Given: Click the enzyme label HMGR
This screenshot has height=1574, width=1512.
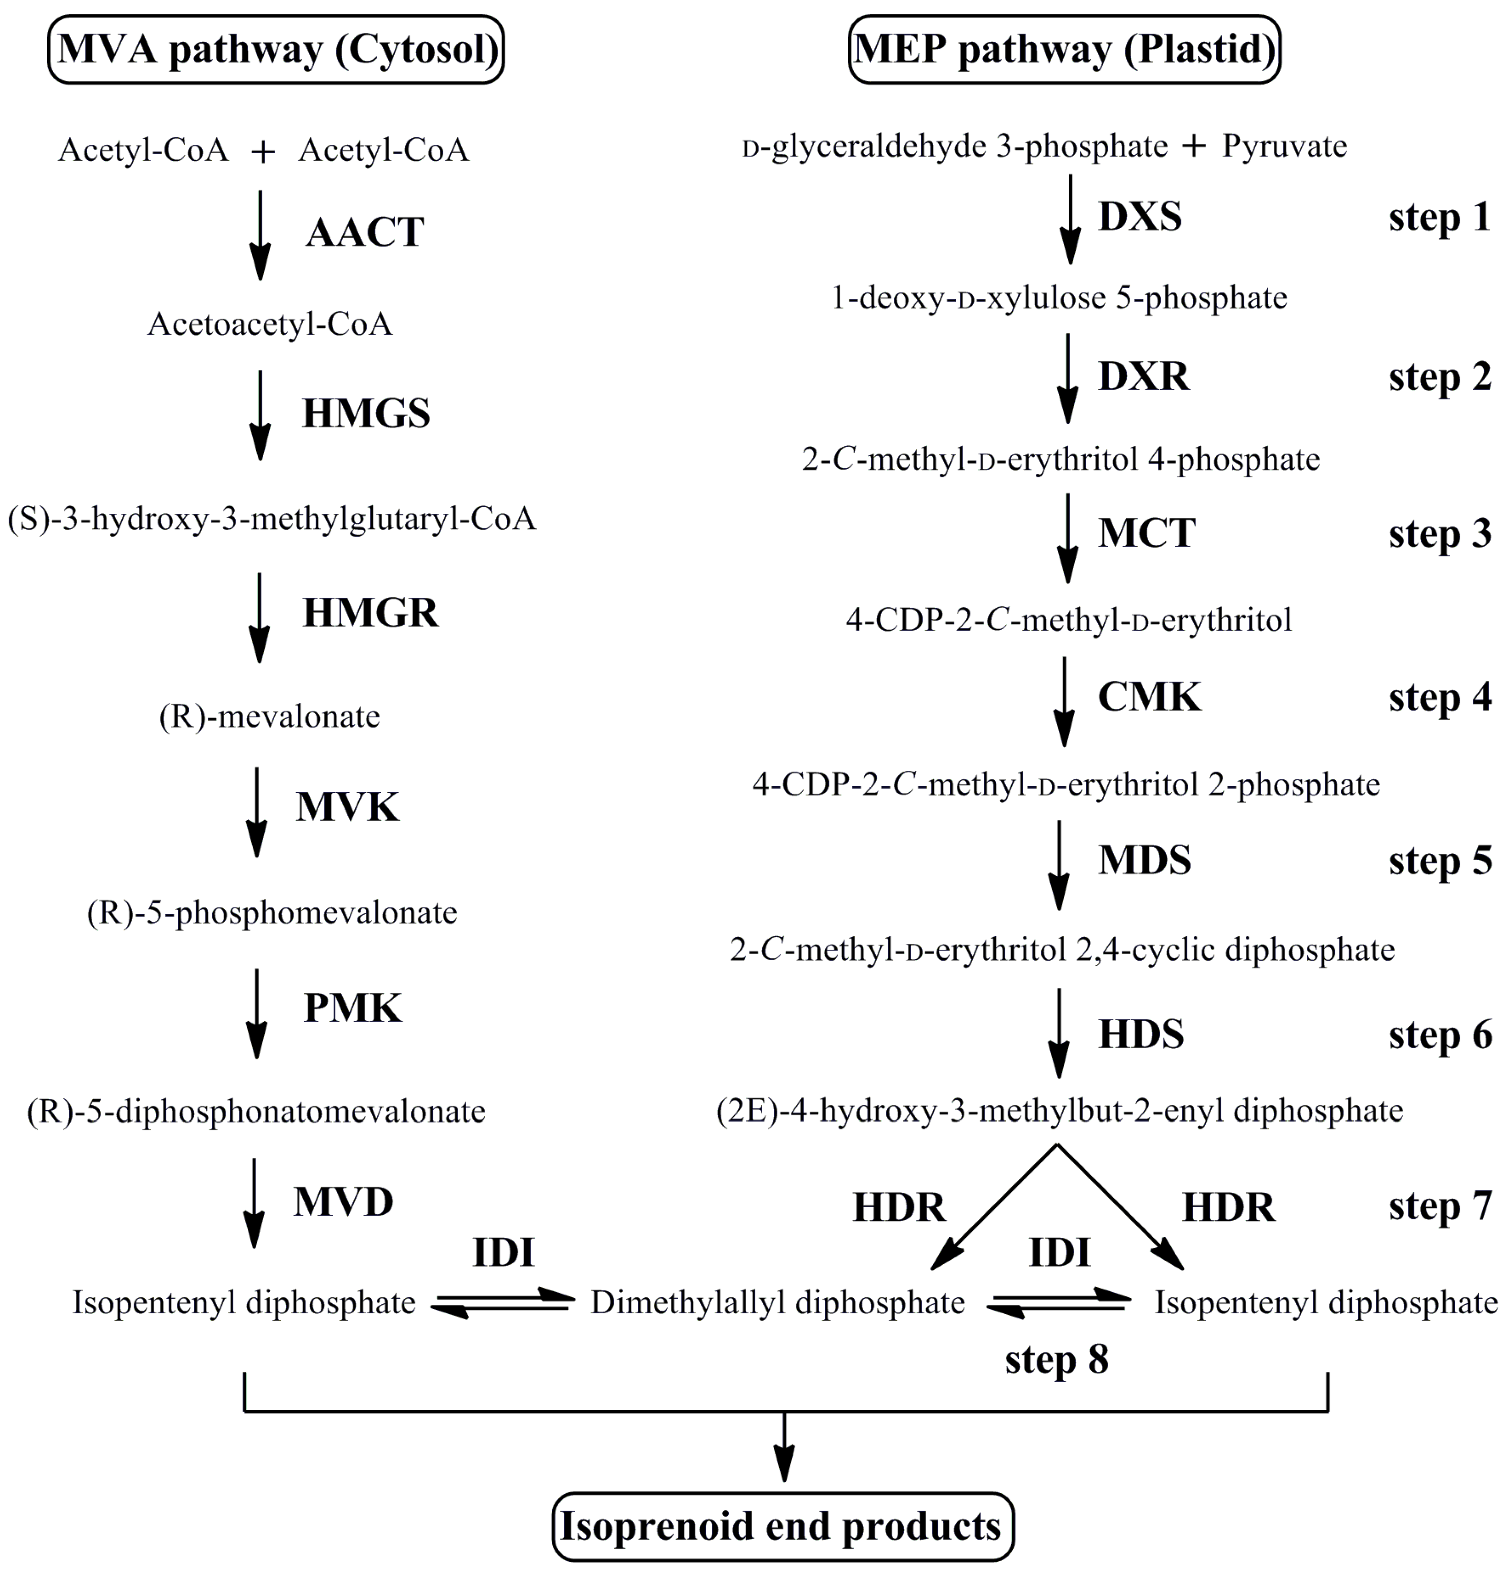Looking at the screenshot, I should [370, 613].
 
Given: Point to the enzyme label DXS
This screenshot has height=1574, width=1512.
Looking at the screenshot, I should [1139, 217].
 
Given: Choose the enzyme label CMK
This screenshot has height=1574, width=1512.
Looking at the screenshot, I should [1149, 697].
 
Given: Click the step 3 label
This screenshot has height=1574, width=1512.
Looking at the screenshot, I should [1440, 534].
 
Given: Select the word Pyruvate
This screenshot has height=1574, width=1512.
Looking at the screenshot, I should [1284, 147].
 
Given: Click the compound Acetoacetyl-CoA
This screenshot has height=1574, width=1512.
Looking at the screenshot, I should [270, 325].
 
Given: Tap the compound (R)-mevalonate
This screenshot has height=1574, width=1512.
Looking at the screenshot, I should [270, 716].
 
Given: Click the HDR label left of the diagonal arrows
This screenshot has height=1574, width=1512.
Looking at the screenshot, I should [898, 1208].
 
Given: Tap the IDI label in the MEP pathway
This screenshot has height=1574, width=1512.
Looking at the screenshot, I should [1059, 1253].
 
